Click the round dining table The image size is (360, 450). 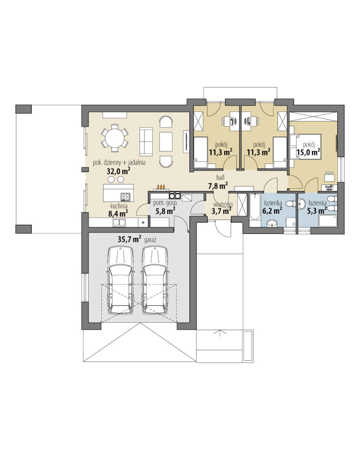click(114, 138)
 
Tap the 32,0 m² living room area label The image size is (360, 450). click(119, 171)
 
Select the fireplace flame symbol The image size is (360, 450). click(161, 187)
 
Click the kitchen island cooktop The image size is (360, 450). click(125, 196)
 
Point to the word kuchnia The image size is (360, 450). click(119, 206)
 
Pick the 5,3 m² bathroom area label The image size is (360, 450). click(317, 211)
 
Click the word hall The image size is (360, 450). click(220, 178)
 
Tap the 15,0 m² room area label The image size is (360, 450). click(308, 152)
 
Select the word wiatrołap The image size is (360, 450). click(223, 205)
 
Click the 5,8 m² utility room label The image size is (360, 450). click(166, 211)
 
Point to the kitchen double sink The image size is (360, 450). click(119, 222)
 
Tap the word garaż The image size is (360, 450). click(150, 240)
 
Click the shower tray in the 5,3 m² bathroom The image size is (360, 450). click(327, 221)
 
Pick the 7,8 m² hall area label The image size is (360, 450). click(218, 186)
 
